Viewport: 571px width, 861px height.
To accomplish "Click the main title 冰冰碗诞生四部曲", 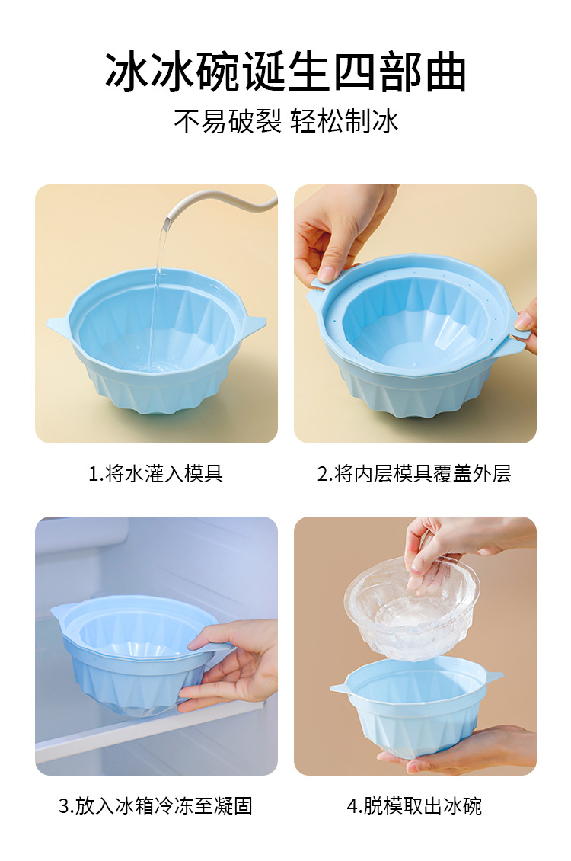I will [285, 74].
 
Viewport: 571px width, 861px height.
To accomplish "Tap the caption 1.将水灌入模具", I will [156, 474].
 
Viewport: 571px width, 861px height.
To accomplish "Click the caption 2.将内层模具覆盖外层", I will [414, 474].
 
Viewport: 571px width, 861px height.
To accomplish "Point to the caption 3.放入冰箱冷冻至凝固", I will [156, 805].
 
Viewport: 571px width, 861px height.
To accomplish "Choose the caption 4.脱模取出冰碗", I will [414, 805].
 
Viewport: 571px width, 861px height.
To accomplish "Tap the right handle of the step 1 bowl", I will [254, 325].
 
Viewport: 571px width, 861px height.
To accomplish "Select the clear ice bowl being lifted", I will [411, 610].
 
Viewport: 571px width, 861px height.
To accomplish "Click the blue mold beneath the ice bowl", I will [415, 705].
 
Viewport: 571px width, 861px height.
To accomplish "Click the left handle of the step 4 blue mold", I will [340, 688].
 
